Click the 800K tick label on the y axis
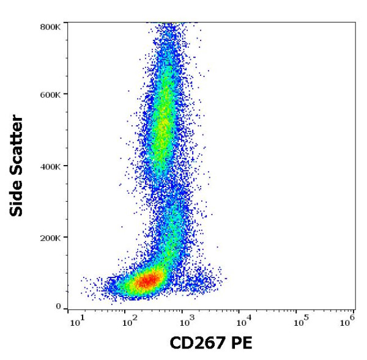point(50,27)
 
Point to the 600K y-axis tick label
point(50,95)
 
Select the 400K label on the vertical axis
point(50,166)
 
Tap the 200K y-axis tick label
point(50,237)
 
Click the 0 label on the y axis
point(58,307)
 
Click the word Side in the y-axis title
point(17,198)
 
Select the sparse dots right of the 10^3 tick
point(208,282)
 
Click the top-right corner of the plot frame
point(356,23)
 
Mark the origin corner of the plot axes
point(67,309)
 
